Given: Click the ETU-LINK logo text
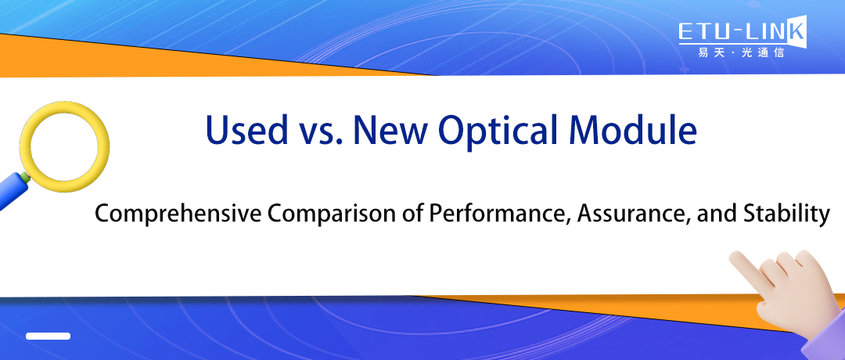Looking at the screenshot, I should (x=739, y=32).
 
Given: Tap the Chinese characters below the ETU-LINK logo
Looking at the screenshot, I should (x=739, y=54).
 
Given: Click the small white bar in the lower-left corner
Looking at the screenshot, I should (x=48, y=336).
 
